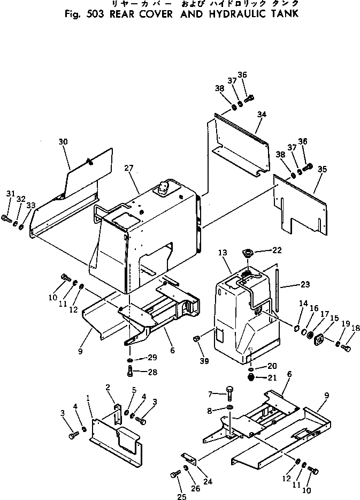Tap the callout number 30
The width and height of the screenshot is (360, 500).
click(x=63, y=142)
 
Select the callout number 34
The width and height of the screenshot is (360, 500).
click(x=261, y=114)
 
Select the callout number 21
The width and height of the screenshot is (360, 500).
click(x=273, y=379)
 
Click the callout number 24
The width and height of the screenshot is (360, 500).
click(x=208, y=481)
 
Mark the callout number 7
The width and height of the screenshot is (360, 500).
click(x=211, y=394)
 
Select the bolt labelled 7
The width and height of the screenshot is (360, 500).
click(x=229, y=393)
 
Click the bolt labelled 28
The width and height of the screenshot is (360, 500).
click(x=131, y=370)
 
